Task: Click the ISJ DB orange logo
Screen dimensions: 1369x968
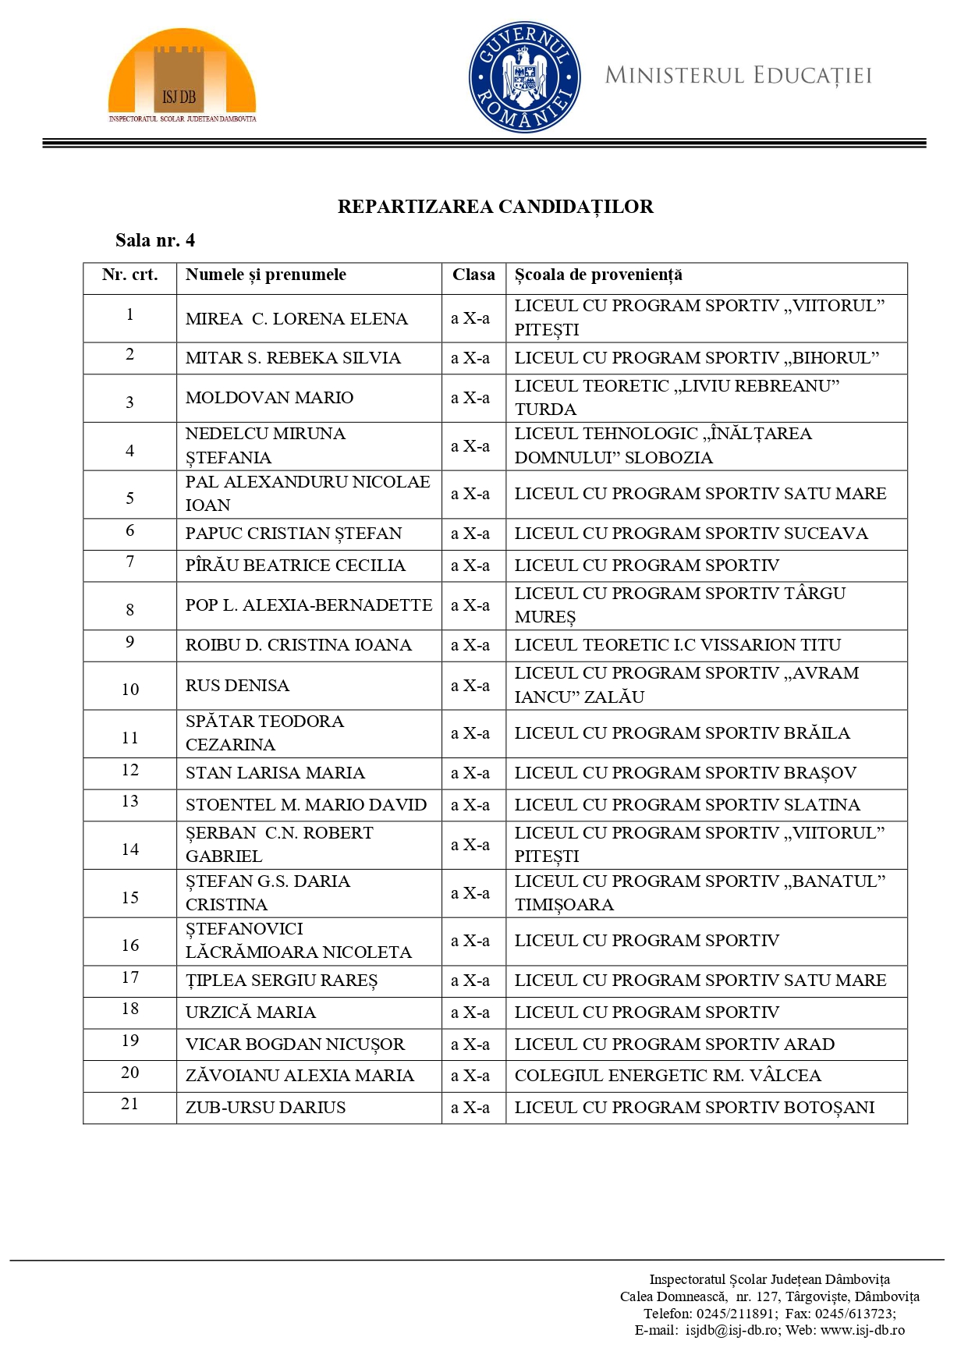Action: point(182,76)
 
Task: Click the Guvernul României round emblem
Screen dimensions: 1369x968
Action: point(524,76)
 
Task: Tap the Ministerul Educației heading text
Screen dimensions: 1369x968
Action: point(738,76)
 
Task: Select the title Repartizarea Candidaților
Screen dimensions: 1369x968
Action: point(495,207)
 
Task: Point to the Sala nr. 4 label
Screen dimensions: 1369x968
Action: point(155,240)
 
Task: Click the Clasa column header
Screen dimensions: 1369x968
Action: point(473,275)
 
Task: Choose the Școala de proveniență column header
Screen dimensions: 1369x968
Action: point(598,275)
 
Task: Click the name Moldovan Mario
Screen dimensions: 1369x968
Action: point(269,398)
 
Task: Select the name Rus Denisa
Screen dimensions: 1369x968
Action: point(237,686)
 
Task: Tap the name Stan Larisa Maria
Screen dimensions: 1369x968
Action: point(275,773)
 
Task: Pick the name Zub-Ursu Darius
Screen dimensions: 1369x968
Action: point(265,1108)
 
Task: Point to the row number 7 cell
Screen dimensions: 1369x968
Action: point(129,562)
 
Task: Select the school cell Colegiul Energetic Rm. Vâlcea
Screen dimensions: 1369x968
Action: point(668,1076)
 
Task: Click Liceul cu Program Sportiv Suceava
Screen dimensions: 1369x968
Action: point(690,534)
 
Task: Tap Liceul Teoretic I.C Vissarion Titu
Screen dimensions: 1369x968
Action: point(677,645)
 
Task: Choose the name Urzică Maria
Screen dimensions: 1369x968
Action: point(250,1013)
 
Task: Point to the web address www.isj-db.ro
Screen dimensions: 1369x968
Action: point(862,1330)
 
